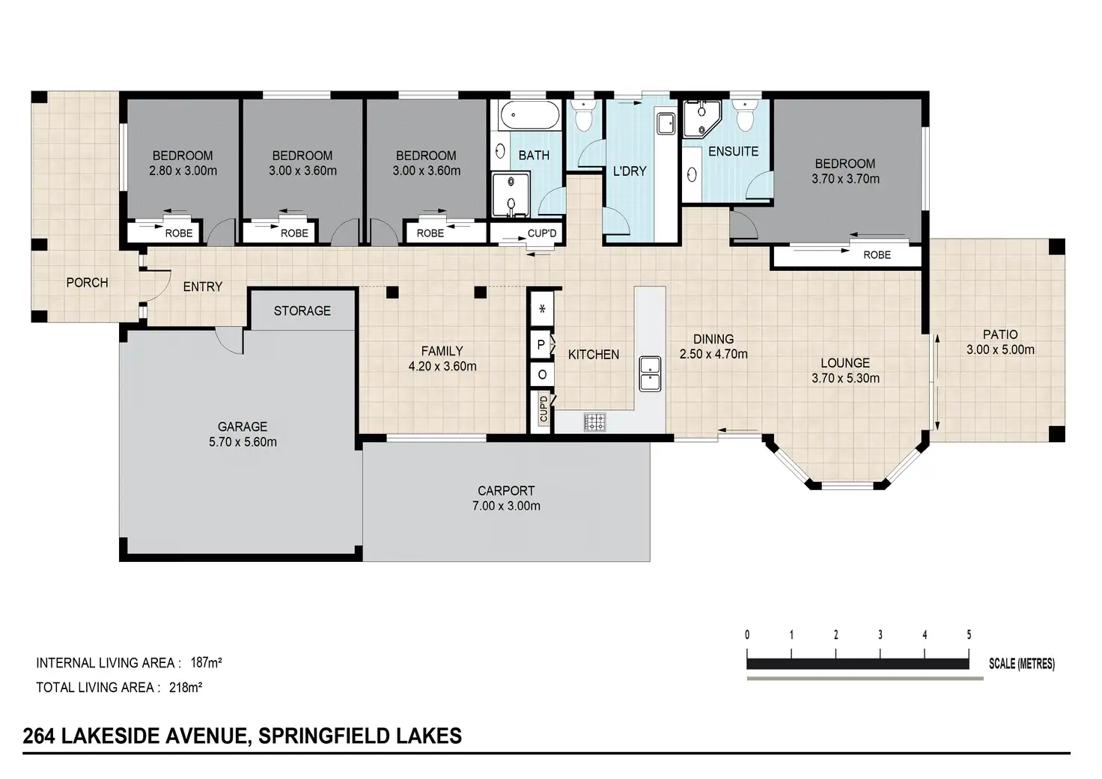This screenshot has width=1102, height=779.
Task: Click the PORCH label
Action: [x=87, y=283]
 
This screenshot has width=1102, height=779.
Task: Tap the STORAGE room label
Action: [x=302, y=311]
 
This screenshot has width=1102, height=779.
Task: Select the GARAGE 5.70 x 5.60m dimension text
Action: [x=243, y=442]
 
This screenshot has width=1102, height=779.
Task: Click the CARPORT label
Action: [x=506, y=491]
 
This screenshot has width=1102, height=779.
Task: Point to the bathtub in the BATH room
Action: [x=530, y=115]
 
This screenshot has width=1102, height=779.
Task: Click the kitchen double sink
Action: [x=650, y=374]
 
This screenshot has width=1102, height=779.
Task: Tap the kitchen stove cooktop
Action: [x=594, y=422]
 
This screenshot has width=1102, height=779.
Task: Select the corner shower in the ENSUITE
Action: [x=701, y=119]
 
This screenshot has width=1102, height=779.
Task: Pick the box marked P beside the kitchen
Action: [x=541, y=345]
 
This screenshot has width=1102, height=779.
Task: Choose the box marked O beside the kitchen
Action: [x=542, y=375]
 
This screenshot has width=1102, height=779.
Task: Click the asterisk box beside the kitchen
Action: [x=542, y=309]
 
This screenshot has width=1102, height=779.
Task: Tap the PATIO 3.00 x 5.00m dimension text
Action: [x=1000, y=349]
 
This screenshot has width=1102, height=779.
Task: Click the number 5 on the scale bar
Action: [x=969, y=635]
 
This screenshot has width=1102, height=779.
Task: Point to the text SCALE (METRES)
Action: [x=1022, y=664]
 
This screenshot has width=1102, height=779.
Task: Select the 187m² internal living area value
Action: [x=206, y=662]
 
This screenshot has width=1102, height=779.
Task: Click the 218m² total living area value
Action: [x=186, y=687]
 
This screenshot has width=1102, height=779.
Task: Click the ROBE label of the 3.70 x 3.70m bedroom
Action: [x=877, y=254]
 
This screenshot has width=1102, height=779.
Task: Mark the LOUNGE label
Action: [x=845, y=363]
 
